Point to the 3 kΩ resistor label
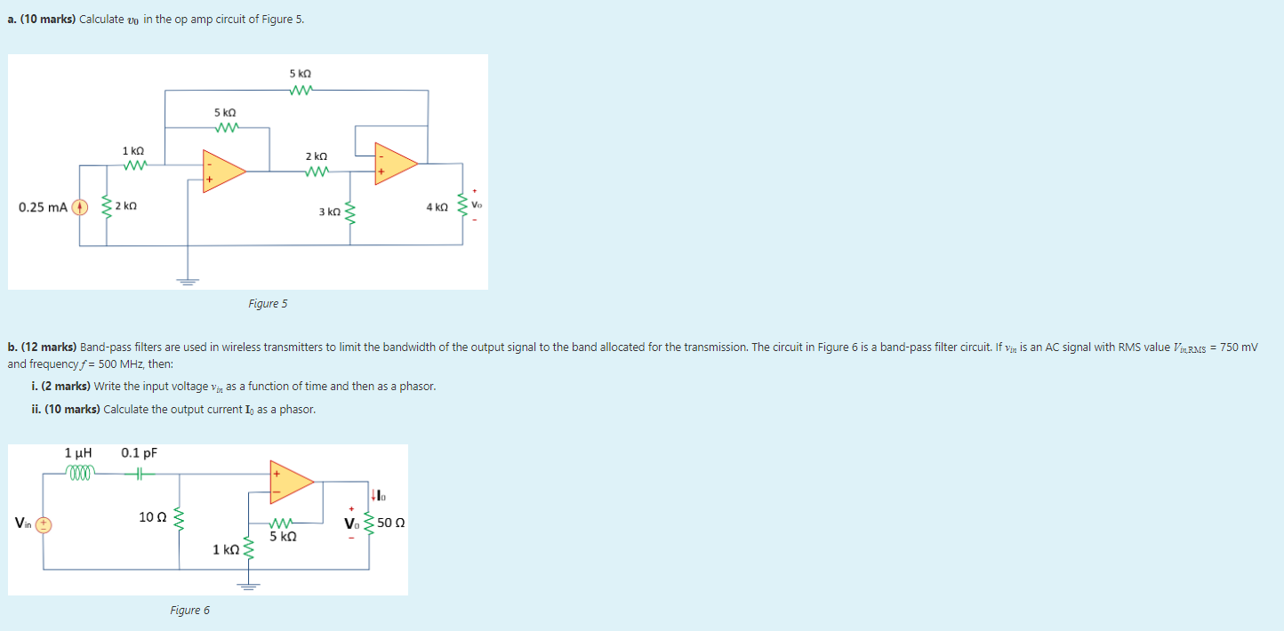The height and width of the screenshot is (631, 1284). [x=329, y=212]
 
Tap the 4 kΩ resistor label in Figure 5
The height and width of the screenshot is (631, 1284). [x=437, y=207]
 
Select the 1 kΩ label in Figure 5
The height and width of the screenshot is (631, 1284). [x=133, y=152]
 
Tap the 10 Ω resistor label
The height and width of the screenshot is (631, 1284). [x=151, y=516]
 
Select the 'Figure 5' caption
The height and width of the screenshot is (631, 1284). [x=268, y=304]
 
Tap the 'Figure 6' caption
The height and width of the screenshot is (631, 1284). [x=190, y=611]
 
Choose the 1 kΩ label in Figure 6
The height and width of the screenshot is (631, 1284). [x=226, y=549]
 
